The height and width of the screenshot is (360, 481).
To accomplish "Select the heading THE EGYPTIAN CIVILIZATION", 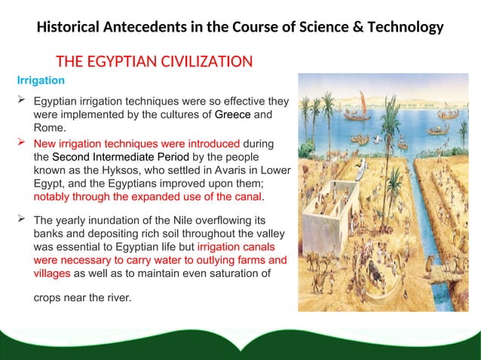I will (155, 60).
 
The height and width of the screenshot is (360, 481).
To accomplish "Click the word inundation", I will (112, 220).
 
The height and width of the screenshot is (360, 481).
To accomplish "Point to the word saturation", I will (216, 274).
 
